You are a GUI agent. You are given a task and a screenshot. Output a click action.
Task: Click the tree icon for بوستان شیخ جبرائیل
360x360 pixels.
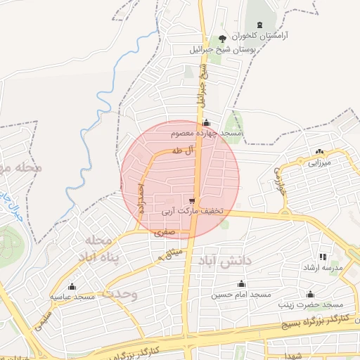[223, 38]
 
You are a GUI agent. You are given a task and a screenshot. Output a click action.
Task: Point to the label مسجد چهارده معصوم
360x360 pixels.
[207, 132]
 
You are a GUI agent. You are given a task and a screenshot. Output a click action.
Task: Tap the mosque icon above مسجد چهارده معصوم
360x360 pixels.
[206, 122]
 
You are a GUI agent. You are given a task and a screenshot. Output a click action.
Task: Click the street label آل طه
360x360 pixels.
[181, 150]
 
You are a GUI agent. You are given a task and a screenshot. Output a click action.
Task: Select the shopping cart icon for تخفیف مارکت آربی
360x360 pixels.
[192, 200]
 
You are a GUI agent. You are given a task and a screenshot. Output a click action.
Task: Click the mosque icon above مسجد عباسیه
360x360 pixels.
[72, 287]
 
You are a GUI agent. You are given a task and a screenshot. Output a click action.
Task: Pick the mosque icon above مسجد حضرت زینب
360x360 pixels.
[310, 294]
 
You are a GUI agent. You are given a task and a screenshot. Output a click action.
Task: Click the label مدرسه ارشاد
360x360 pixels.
[322, 269]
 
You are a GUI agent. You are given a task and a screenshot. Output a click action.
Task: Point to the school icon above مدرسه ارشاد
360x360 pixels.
[323, 257]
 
